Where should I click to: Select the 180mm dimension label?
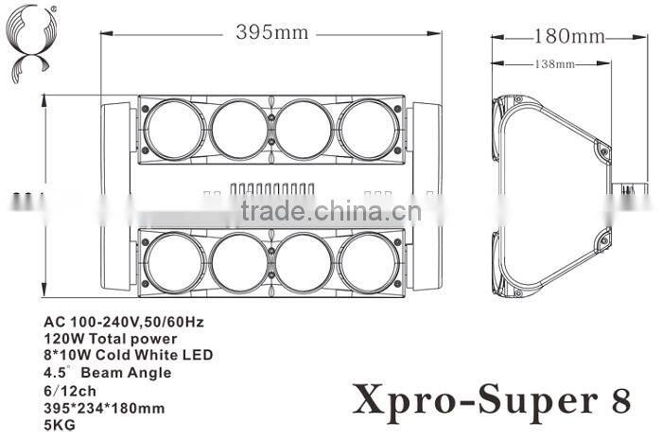point(568,36)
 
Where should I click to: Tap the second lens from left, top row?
point(239,129)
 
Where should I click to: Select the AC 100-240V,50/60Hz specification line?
point(124,321)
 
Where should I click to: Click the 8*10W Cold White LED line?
point(128,355)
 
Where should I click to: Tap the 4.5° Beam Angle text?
point(107,372)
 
